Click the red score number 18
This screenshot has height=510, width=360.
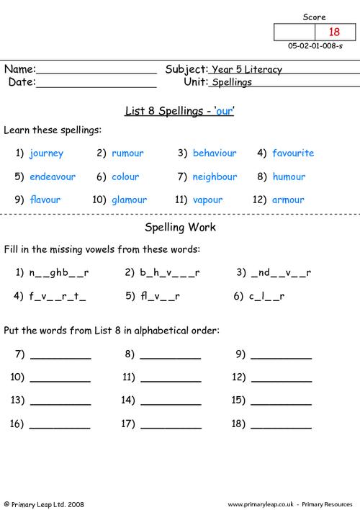pyautogui.click(x=333, y=32)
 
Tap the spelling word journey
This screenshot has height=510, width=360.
pyautogui.click(x=47, y=153)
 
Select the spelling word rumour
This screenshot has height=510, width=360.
pyautogui.click(x=127, y=153)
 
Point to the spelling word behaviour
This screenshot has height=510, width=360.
pyautogui.click(x=215, y=153)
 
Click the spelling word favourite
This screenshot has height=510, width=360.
pyautogui.click(x=293, y=153)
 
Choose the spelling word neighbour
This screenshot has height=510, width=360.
pyautogui.click(x=215, y=176)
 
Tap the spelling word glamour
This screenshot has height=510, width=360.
pyautogui.click(x=129, y=200)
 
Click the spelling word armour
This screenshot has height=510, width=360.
pyautogui.click(x=289, y=200)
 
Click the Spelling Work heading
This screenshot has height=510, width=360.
pyautogui.click(x=181, y=228)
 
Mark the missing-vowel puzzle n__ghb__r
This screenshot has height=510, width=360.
pyautogui.click(x=59, y=272)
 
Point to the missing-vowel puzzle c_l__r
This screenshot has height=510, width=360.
pyautogui.click(x=268, y=295)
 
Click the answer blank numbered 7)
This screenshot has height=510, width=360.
pyautogui.click(x=60, y=355)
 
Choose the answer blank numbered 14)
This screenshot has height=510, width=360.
pyautogui.click(x=171, y=401)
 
